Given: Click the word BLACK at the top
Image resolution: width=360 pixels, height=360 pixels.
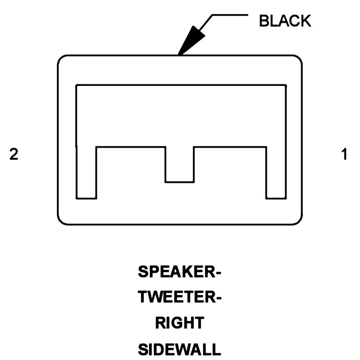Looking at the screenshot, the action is point(285,20).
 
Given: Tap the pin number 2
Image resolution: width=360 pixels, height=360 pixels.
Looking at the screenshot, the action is point(14,154).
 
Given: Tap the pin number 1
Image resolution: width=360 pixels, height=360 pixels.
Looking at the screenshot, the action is point(344,154).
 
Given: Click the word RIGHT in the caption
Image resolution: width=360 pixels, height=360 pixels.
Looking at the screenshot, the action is point(180,323).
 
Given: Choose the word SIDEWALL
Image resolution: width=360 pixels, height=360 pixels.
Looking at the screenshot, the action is point(180,349).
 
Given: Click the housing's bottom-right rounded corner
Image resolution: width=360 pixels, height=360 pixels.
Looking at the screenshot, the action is point(298,220).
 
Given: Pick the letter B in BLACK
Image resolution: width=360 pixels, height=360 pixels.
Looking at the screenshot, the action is point(264,20).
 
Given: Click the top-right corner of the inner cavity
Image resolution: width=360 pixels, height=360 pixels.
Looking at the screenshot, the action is point(286,85).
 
